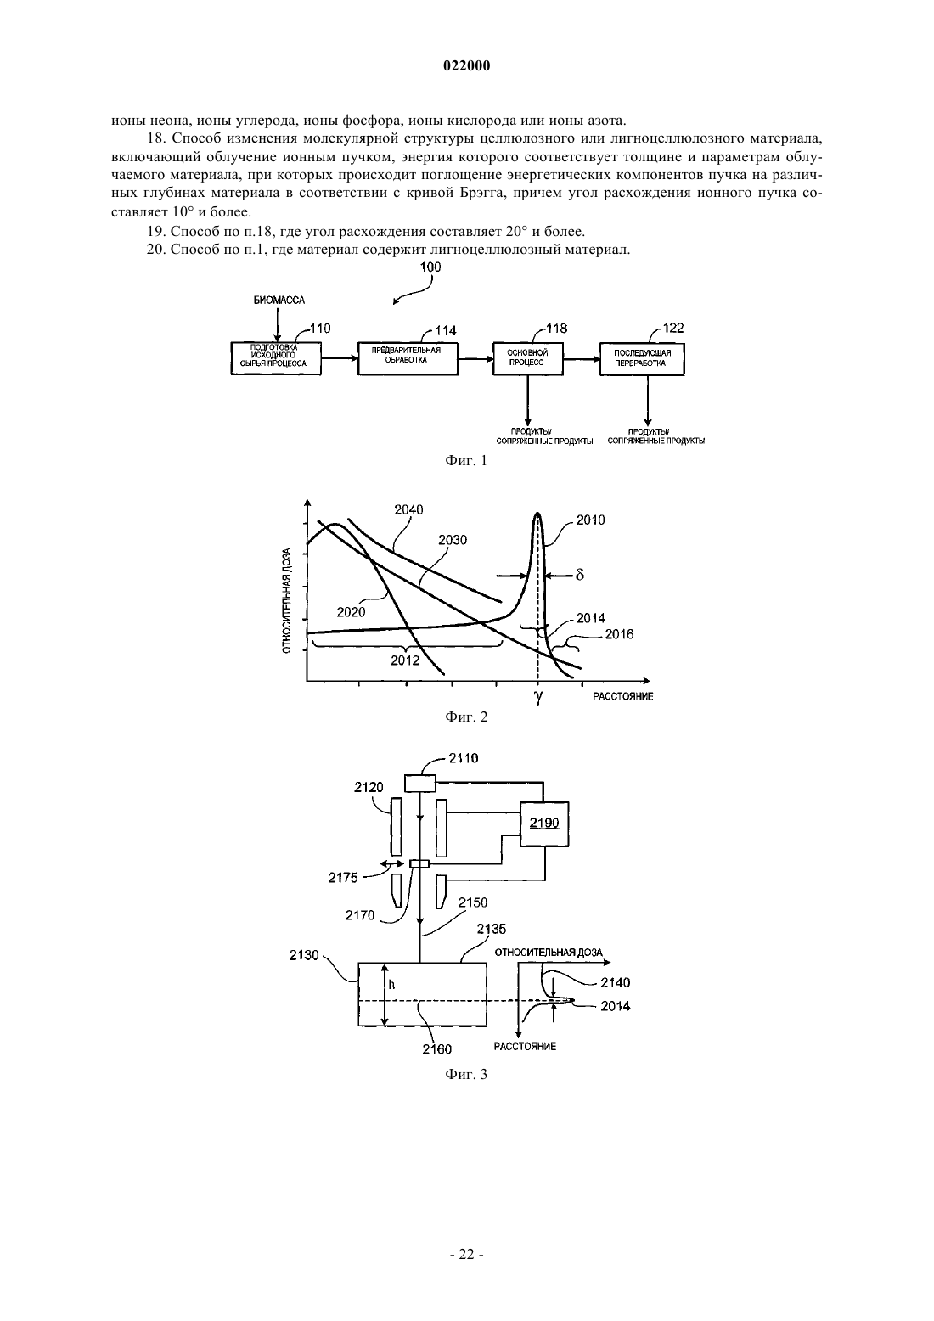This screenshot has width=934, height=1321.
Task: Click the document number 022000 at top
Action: point(466,66)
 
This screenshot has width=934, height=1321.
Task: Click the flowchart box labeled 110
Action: point(276,358)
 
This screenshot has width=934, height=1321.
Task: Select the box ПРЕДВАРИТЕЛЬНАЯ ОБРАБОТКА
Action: point(408,357)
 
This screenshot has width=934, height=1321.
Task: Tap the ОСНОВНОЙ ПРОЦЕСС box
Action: point(528,358)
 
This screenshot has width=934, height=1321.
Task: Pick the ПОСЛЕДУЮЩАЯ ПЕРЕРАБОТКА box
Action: point(642,358)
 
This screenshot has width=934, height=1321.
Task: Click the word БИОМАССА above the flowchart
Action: point(279,301)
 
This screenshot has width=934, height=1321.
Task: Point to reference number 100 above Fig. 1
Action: point(430,267)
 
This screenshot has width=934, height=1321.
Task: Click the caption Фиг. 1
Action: point(466,461)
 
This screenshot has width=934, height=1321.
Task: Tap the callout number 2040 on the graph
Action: point(408,509)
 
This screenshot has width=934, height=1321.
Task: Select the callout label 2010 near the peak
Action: point(591,520)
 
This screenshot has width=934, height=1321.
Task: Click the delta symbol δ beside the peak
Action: point(580,574)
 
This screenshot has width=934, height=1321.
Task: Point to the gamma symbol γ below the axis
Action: point(538,697)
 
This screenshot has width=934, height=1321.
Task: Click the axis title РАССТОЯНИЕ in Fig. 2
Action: point(622,696)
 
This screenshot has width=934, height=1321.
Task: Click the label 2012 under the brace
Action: point(405,660)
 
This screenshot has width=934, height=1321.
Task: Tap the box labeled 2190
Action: point(544,824)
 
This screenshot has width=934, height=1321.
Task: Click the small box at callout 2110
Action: point(419,783)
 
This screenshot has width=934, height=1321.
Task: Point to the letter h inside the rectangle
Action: point(391,984)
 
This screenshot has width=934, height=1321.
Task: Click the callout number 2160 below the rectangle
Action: point(437,1049)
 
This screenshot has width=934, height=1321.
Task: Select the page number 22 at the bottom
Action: point(466,1255)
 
